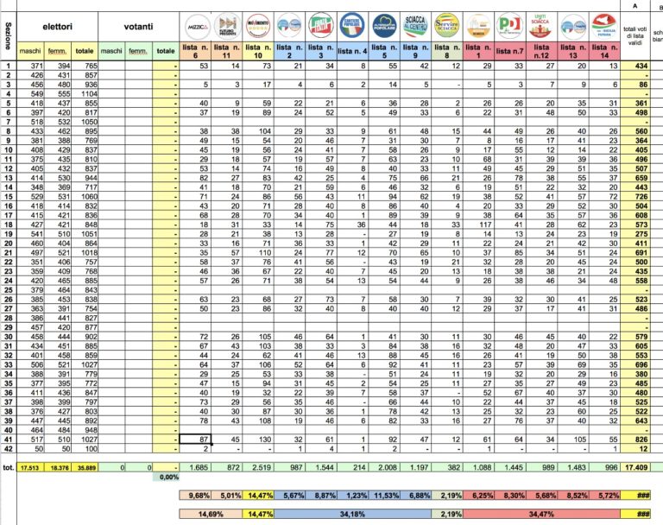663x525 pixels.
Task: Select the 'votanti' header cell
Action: point(138,26)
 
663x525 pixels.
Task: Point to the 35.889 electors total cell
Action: point(84,467)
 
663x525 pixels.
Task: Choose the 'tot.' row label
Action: point(9,467)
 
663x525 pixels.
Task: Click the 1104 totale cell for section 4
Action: point(84,92)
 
